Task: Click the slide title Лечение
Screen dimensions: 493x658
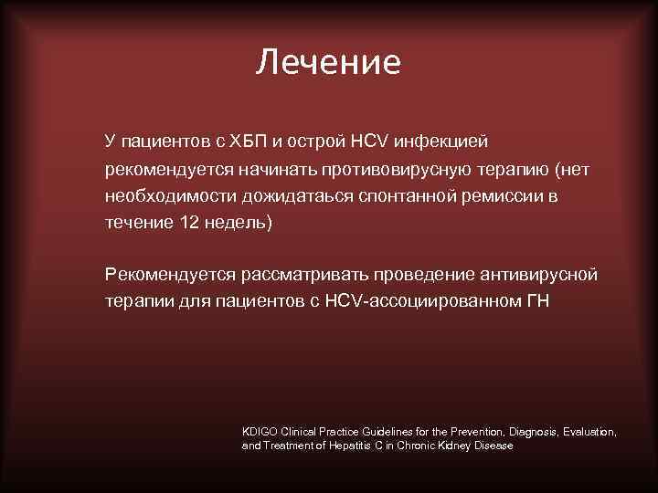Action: (328, 62)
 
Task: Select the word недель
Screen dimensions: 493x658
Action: (237, 222)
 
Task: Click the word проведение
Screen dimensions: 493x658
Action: (423, 274)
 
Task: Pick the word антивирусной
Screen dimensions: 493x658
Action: (541, 274)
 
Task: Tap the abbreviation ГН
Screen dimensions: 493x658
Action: (537, 300)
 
